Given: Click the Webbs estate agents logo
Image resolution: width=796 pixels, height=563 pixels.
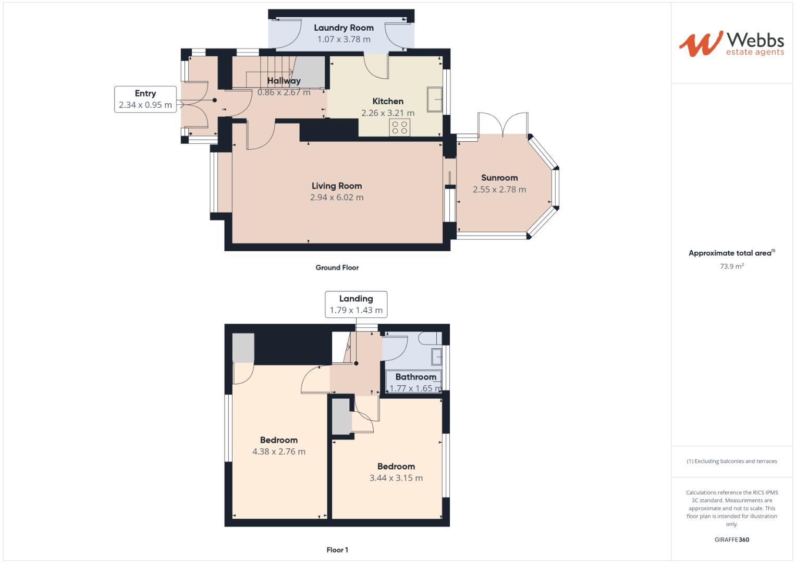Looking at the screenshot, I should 731,43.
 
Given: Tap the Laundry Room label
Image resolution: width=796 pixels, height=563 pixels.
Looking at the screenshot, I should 344,28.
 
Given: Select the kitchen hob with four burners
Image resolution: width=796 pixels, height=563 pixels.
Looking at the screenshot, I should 400,127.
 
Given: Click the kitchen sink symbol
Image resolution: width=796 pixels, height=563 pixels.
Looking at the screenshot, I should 434,99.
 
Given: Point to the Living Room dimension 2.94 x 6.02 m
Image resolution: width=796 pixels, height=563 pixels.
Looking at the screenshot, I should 337,198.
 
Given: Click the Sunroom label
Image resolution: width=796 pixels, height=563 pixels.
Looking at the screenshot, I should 499,178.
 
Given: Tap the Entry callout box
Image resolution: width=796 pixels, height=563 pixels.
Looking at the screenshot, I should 145,99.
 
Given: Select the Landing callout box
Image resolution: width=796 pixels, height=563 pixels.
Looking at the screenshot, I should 356,304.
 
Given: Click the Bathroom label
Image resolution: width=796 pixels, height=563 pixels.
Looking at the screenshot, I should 415,377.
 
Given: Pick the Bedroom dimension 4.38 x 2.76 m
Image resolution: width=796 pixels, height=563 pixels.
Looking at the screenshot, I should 279,452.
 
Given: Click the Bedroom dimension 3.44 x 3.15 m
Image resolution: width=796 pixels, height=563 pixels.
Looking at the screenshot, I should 396,478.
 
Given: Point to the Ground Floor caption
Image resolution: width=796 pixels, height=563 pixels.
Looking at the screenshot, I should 337,267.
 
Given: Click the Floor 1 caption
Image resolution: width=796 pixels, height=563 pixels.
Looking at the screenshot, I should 337,550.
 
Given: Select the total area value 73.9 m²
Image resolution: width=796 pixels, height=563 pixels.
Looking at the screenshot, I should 732,266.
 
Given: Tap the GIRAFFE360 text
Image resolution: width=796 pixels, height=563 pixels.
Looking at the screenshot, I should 731,540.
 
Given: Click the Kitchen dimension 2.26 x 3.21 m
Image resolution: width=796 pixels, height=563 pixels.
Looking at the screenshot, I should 388,113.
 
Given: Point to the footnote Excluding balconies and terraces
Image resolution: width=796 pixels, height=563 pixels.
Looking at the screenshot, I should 732,461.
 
